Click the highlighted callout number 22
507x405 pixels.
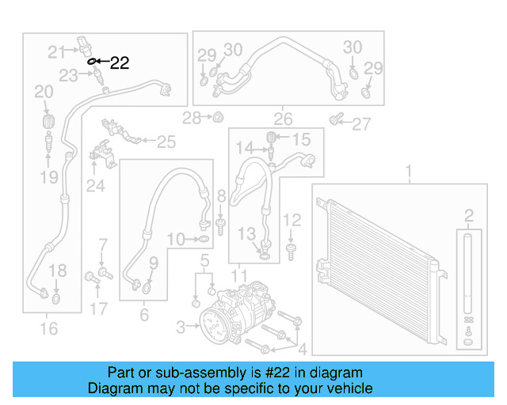119,63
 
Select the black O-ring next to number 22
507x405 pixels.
91,61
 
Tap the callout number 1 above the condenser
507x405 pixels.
409,172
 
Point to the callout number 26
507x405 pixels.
283,120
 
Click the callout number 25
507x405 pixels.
166,142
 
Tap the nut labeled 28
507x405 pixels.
214,118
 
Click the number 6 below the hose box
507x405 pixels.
143,315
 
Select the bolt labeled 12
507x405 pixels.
292,251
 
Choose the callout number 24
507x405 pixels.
95,187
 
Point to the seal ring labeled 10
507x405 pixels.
203,238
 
